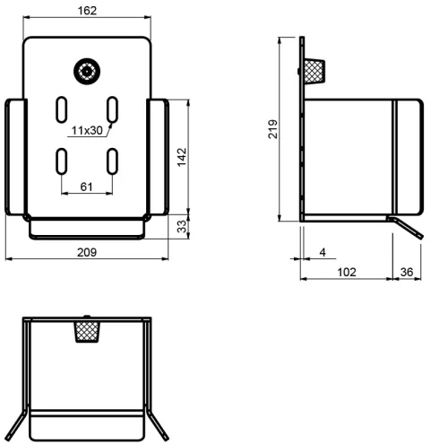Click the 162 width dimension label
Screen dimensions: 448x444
pyautogui.click(x=87, y=11)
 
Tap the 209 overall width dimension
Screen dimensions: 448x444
pyautogui.click(x=87, y=252)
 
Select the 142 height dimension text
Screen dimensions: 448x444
pyautogui.click(x=182, y=157)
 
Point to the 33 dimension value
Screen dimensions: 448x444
pyautogui.click(x=182, y=226)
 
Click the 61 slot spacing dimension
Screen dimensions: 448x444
pyautogui.click(x=86, y=187)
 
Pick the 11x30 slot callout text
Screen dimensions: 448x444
pyautogui.click(x=87, y=130)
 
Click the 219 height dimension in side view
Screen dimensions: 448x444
pyautogui.click(x=272, y=129)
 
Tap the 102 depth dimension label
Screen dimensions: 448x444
pyautogui.click(x=347, y=272)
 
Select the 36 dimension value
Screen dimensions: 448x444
pyautogui.click(x=407, y=272)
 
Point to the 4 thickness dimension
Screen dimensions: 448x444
pyautogui.click(x=323, y=252)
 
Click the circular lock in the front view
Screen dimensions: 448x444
pyautogui.click(x=87, y=72)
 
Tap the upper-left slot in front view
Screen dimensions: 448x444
pyautogui.click(x=62, y=109)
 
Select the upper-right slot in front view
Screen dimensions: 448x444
pyautogui.click(x=112, y=109)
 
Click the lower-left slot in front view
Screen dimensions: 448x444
pyautogui.click(x=62, y=161)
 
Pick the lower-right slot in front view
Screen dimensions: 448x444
pyautogui.click(x=112, y=161)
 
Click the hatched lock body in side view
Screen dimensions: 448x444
pyautogui.click(x=314, y=72)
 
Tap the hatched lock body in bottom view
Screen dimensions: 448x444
pyautogui.click(x=87, y=332)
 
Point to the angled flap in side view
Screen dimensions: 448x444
pyautogui.click(x=406, y=228)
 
